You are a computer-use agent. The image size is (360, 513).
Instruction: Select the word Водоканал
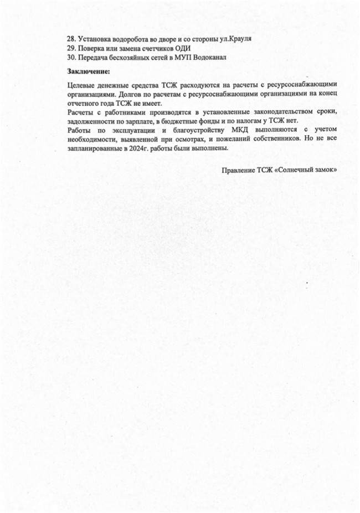207,58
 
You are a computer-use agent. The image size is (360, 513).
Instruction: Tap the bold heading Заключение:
89,72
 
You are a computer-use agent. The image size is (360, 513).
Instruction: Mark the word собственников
268,140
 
